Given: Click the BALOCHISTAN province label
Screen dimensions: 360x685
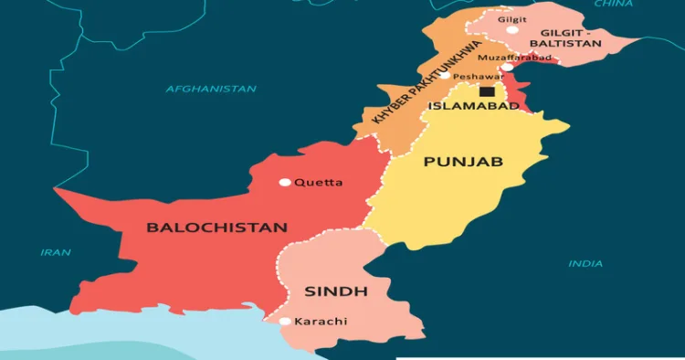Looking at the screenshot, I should click(217, 228).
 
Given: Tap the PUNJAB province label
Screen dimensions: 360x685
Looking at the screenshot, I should click(463, 162).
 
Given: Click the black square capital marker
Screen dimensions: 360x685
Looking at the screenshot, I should click(487, 91).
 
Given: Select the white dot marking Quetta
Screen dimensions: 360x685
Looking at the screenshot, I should click(285, 182).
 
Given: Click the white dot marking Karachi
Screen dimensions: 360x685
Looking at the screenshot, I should click(285, 321).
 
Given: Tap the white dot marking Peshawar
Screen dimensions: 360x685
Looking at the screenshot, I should click(445, 76).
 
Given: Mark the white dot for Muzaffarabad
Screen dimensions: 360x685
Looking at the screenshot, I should click(507, 67).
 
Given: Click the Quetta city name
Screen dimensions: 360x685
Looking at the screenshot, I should click(319, 183).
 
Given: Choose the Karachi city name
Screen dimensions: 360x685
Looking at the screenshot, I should click(321, 322).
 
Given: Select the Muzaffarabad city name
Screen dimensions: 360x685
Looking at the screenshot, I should click(514, 57).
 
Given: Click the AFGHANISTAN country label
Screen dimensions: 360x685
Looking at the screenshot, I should click(211, 89).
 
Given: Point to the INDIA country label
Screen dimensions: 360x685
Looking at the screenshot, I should click(585, 264).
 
